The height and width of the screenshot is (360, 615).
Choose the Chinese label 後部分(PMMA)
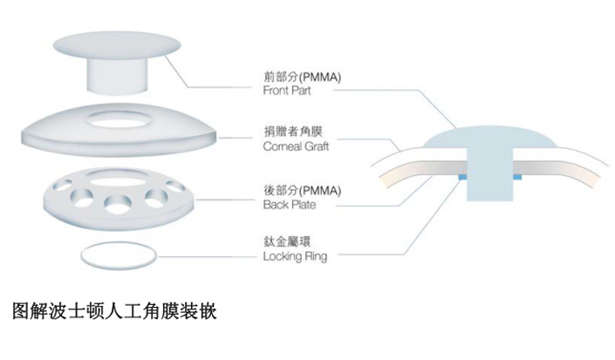300,190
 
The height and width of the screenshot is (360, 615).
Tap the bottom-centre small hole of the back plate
119,206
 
